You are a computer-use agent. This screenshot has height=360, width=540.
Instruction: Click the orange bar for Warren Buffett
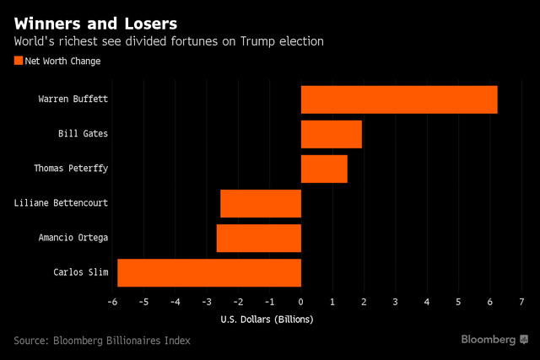399,99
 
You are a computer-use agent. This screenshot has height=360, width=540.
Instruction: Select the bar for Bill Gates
332,134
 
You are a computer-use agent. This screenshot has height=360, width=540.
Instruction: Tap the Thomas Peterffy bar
324,169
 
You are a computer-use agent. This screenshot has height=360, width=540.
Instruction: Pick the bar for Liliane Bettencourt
261,203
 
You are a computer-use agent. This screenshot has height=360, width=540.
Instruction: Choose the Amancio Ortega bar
259,238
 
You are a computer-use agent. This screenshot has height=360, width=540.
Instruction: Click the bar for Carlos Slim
209,272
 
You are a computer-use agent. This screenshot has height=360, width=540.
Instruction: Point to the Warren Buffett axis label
73,99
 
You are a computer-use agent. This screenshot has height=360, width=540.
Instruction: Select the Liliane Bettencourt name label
62,203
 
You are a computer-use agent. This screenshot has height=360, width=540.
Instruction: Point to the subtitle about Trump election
168,40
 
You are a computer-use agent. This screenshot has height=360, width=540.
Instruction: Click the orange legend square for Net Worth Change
19,60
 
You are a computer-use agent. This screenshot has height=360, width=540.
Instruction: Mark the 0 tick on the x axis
301,302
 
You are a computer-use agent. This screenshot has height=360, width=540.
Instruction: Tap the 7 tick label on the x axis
521,302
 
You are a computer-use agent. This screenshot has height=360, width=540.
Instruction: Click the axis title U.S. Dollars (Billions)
267,319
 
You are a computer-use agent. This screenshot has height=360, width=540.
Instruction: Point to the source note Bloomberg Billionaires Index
102,341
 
